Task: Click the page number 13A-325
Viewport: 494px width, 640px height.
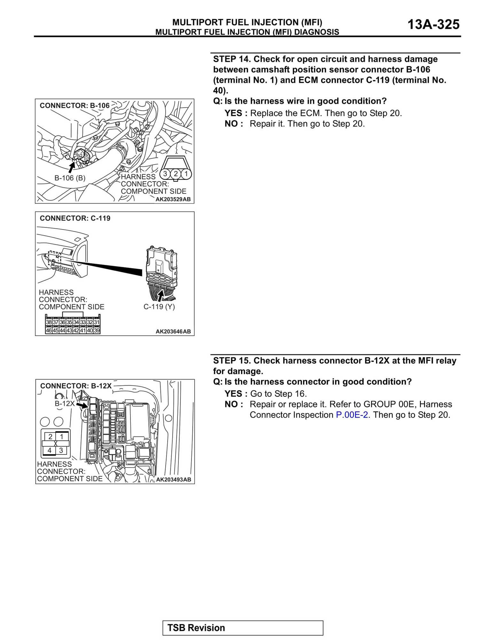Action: coord(433,25)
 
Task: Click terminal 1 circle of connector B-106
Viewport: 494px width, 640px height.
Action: coord(186,174)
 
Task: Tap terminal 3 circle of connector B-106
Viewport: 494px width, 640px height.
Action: coord(165,174)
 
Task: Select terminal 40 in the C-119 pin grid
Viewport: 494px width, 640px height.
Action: coord(90,330)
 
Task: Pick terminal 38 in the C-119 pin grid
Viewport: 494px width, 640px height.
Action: coord(49,322)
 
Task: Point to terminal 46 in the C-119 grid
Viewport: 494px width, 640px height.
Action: coord(49,330)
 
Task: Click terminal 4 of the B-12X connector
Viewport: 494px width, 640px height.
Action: coord(50,450)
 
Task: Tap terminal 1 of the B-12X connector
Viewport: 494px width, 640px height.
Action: coord(62,436)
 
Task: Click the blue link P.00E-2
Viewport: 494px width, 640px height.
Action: coord(352,415)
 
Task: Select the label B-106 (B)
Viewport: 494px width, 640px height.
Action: coord(70,178)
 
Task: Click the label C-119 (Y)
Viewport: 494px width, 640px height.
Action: coord(159,307)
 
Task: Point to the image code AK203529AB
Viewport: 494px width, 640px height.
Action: coord(173,199)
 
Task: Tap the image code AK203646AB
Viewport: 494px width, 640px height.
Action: coord(173,332)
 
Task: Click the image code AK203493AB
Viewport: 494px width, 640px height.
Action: coord(173,479)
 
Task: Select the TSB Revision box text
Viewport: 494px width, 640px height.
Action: coord(196,628)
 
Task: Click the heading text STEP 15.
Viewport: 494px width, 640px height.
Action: coord(232,361)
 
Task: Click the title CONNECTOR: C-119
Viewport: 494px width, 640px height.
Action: coord(75,218)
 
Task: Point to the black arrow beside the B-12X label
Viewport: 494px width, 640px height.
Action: coord(82,405)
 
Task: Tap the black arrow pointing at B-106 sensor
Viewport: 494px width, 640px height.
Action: coord(72,167)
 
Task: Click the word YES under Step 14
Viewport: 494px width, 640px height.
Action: coord(233,113)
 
